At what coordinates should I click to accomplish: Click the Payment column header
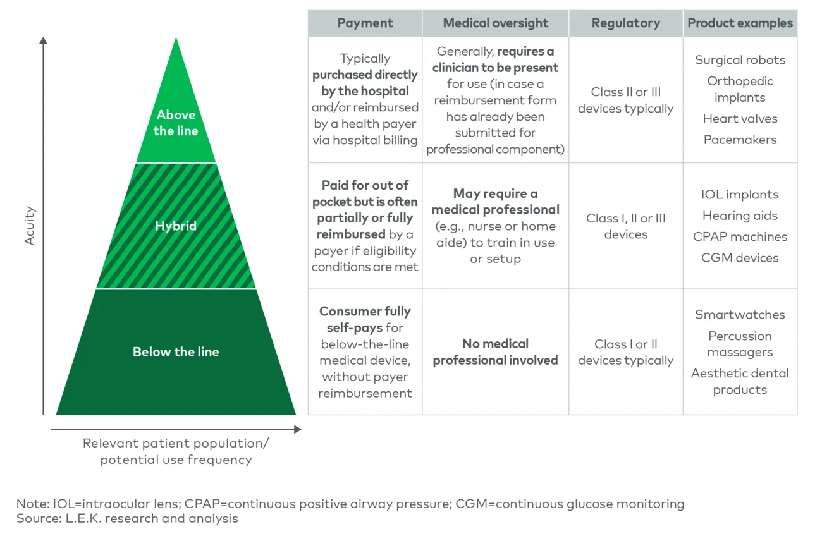coord(365,23)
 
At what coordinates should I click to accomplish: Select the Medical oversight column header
coord(495,23)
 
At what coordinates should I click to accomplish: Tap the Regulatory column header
coord(625,23)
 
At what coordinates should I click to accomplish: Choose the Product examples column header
coord(740,23)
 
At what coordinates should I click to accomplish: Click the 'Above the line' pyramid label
coord(176,123)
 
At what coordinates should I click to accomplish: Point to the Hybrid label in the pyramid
coord(176,226)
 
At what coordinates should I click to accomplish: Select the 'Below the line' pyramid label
coord(176,352)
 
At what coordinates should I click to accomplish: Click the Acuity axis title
coord(30,226)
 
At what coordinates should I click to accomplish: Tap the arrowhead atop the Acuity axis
coord(43,40)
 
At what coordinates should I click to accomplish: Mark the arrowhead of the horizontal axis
coord(298,430)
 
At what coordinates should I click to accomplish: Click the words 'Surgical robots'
coord(740,60)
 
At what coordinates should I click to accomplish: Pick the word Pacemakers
coord(740,140)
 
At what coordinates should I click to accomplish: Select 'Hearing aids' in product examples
coord(740,216)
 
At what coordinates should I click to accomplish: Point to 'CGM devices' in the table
coord(740,258)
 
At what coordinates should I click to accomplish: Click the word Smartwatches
coord(740,315)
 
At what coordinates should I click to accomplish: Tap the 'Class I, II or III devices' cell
coord(625,226)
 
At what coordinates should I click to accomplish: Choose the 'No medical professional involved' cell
coord(495,352)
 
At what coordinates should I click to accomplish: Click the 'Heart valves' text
coord(740,119)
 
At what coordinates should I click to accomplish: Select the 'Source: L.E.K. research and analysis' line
coord(127,518)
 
